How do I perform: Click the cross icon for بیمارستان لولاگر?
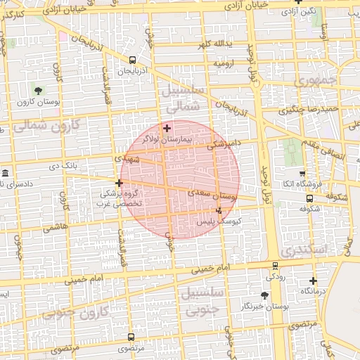click(167, 128)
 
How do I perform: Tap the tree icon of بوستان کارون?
click(38, 91)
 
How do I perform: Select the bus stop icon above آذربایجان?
click(133, 60)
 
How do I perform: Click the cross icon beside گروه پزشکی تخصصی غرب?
click(119, 183)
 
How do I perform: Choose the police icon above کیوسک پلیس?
click(219, 210)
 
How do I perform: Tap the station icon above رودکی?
click(274, 266)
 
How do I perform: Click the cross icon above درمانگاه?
click(313, 281)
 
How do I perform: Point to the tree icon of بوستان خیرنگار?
click(264, 295)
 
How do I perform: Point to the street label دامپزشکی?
click(225, 145)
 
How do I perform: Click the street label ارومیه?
click(224, 63)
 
